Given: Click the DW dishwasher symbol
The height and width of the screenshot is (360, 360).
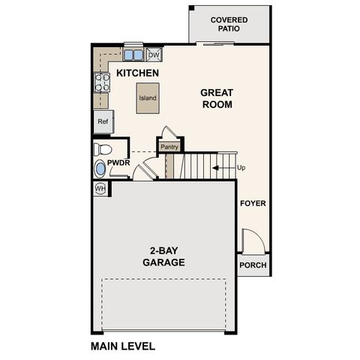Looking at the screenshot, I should click(x=154, y=55).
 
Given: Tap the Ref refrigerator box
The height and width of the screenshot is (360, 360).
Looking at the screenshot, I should click(x=102, y=121).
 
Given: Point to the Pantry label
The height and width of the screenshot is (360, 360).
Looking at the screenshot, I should click(x=169, y=147).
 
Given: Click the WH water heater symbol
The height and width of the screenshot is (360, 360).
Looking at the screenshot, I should click(x=100, y=189).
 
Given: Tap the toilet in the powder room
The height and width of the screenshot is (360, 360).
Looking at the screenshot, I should click(x=103, y=148).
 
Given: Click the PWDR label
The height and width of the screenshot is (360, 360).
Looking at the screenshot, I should click(x=119, y=162).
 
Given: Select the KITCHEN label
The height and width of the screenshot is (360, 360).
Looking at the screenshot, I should click(x=137, y=73).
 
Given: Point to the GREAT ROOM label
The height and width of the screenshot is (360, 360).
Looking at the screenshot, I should click(x=216, y=98).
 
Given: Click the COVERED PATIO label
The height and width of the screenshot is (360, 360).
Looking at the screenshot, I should click(x=229, y=24).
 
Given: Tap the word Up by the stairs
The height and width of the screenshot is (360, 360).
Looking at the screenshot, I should click(x=241, y=168).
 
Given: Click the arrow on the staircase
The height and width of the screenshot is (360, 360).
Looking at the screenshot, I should click(x=222, y=168).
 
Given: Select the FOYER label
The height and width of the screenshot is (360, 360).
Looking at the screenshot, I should click(x=253, y=203).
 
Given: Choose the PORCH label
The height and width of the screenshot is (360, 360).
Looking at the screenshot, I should click(x=253, y=265).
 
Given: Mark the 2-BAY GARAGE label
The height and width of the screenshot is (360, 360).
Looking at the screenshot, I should click(x=163, y=256).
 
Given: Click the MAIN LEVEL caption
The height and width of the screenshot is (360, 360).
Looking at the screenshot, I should click(x=123, y=346).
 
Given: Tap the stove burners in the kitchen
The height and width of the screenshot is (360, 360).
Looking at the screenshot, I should click(x=101, y=81).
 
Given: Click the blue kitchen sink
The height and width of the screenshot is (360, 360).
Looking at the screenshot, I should click(x=133, y=55).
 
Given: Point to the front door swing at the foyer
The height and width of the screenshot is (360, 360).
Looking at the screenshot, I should click(x=251, y=241).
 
